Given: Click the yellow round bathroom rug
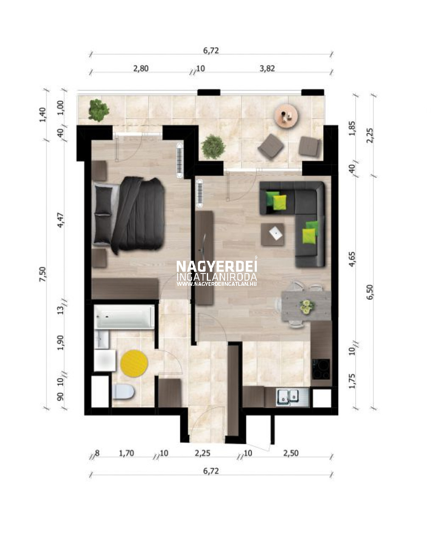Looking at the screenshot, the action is pos(134,364).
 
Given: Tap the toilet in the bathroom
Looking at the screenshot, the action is pos(123,392).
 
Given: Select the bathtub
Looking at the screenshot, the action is pos(124,317).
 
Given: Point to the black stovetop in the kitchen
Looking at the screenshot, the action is pos(321,369).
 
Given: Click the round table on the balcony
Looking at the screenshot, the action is pos(286,116).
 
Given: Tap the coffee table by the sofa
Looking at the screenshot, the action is pos(273,235).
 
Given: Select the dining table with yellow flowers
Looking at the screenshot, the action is pos(306,306).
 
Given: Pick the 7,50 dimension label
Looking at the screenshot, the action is pos(42,274).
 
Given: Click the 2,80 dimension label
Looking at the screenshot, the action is pos(141,69).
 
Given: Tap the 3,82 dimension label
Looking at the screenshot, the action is pos(267,69).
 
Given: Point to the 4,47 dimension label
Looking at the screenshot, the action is pos(60,220).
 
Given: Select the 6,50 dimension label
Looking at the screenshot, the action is pos(370,292).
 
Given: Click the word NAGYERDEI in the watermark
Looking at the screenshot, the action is pos(217,266).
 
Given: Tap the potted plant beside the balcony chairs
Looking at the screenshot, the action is pos(213,147).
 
